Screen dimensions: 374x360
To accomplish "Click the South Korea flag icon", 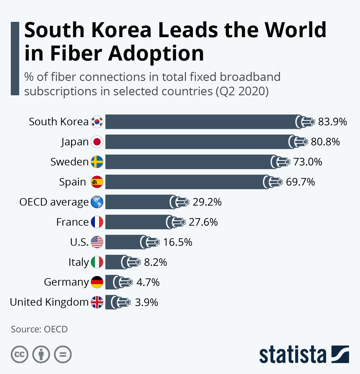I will [x=97, y=122].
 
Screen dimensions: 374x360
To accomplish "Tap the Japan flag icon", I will [x=97, y=142].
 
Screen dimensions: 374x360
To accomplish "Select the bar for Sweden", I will [x=189, y=162].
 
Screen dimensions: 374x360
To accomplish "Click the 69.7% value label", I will [x=300, y=182].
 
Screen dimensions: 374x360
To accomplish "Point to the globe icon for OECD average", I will [x=97, y=202].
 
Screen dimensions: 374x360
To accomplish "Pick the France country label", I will [x=72, y=222].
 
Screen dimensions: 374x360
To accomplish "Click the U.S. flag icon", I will [x=97, y=242].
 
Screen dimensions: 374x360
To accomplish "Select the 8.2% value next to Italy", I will [x=155, y=262].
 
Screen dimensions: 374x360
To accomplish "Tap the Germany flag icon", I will [x=97, y=282].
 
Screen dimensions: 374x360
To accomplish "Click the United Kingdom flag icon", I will [x=97, y=302].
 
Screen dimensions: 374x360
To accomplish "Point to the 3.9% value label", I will [x=146, y=302].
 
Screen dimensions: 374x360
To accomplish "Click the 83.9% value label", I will [x=332, y=122].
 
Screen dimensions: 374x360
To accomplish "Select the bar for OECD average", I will [x=138, y=202].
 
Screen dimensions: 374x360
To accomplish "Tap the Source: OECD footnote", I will [x=39, y=329].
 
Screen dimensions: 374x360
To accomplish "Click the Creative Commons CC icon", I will [x=19, y=355].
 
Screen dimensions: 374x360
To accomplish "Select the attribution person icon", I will [x=41, y=355].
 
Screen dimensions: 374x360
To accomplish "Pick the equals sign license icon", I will [x=63, y=355].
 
